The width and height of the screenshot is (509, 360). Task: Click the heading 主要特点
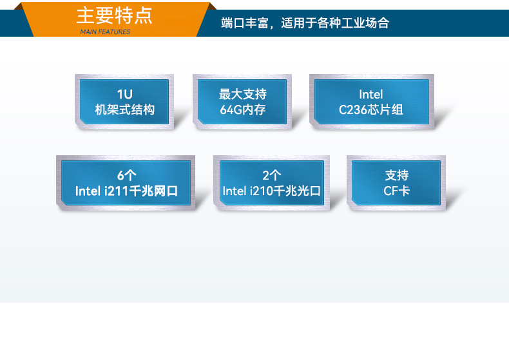coord(115,15)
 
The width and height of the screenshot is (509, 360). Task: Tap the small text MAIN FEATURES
coord(105,32)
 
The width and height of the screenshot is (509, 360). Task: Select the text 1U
coord(124,95)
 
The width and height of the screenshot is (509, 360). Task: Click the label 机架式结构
coord(124,109)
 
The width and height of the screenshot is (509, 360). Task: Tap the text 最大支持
coord(242,95)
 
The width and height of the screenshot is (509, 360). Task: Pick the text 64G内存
coord(242,109)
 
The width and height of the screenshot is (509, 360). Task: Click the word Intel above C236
coord(371,95)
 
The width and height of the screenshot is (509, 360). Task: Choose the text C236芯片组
coord(371,109)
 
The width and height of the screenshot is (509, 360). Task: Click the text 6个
coord(126,175)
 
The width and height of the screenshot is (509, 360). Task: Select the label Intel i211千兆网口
coord(126,191)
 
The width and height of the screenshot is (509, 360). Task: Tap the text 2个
coord(272,175)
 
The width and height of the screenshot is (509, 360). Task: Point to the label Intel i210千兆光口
coord(272,191)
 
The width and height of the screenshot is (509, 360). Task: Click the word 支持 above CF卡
coord(396,175)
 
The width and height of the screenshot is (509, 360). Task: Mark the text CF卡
coord(396,191)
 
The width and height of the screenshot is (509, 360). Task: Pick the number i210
coord(260,191)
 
